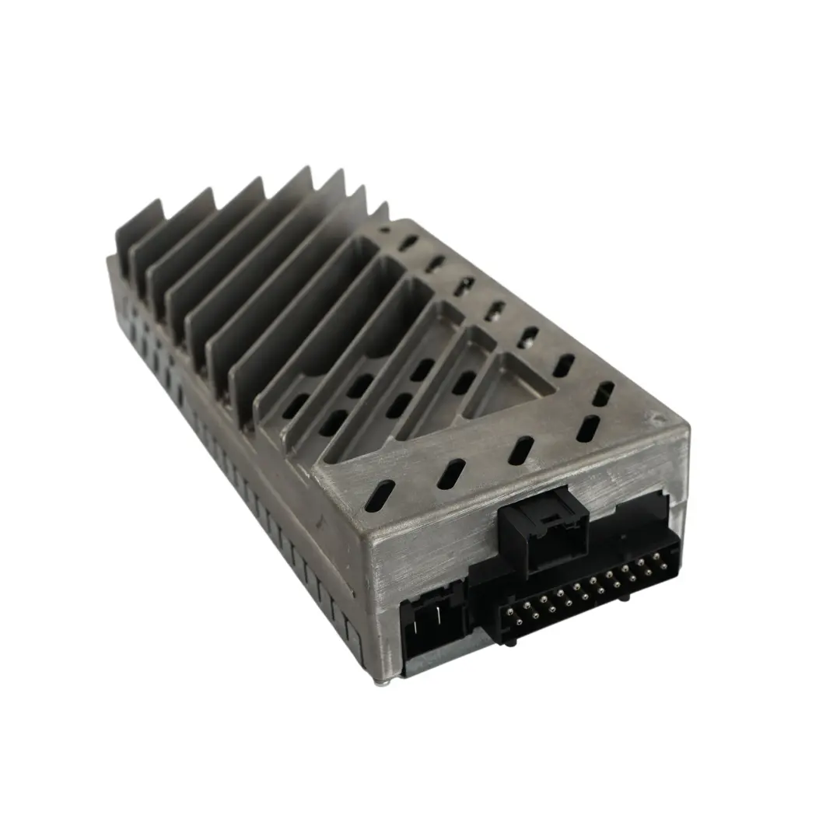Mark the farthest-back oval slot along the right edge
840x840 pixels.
(408, 243)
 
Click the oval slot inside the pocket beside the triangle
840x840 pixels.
(463, 382)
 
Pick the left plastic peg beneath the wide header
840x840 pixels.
(509, 637)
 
